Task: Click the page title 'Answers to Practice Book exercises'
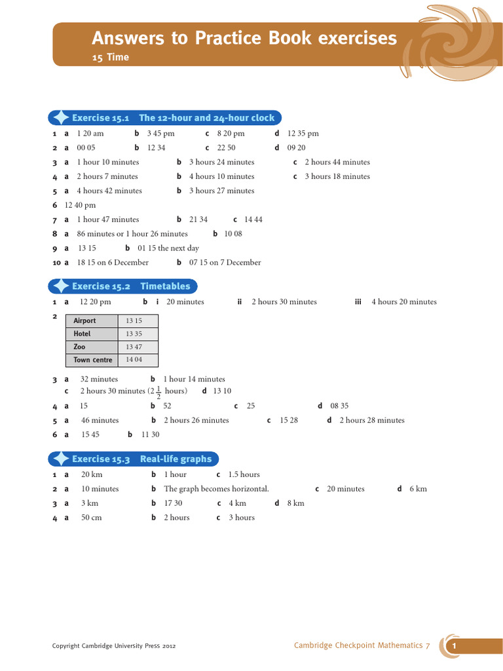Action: coord(244,39)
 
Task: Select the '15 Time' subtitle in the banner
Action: coord(110,58)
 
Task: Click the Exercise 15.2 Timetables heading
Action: coord(131,286)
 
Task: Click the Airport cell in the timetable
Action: coord(85,321)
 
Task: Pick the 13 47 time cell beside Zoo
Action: coord(134,347)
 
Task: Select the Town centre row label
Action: coord(92,360)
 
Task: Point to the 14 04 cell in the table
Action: coord(134,360)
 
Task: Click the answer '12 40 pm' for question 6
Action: coord(80,205)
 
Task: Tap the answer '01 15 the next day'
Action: coord(168,248)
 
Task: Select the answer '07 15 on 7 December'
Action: coord(225,263)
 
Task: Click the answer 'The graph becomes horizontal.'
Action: coord(216,489)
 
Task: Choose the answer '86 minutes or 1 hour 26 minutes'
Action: coord(132,234)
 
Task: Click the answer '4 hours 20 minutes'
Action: coord(404,302)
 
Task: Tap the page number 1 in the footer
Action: coord(453,647)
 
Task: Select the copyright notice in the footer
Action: coord(113,646)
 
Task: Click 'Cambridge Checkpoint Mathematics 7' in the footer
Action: coord(362,645)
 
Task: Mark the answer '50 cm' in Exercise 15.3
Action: coord(91,518)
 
